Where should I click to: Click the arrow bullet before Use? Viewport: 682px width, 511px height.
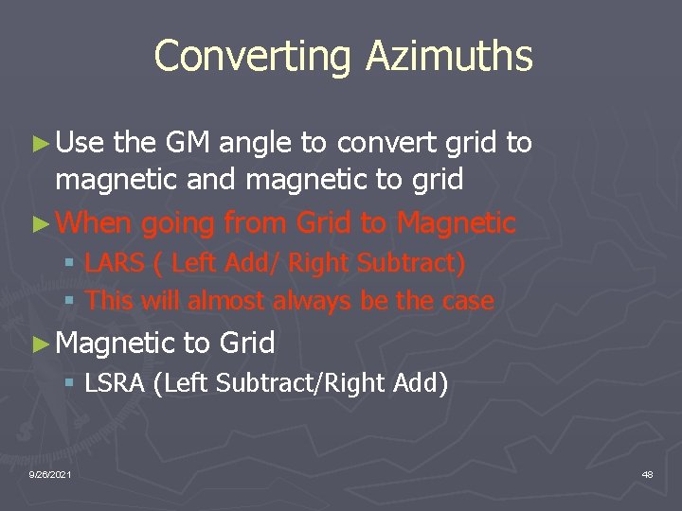coord(39,145)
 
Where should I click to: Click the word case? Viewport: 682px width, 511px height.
coord(469,301)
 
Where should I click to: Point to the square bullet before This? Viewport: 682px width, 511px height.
coord(68,302)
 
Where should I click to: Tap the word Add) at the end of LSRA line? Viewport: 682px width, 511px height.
coord(422,383)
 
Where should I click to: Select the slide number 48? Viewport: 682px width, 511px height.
coord(647,473)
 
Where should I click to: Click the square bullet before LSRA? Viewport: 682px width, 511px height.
coord(68,384)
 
